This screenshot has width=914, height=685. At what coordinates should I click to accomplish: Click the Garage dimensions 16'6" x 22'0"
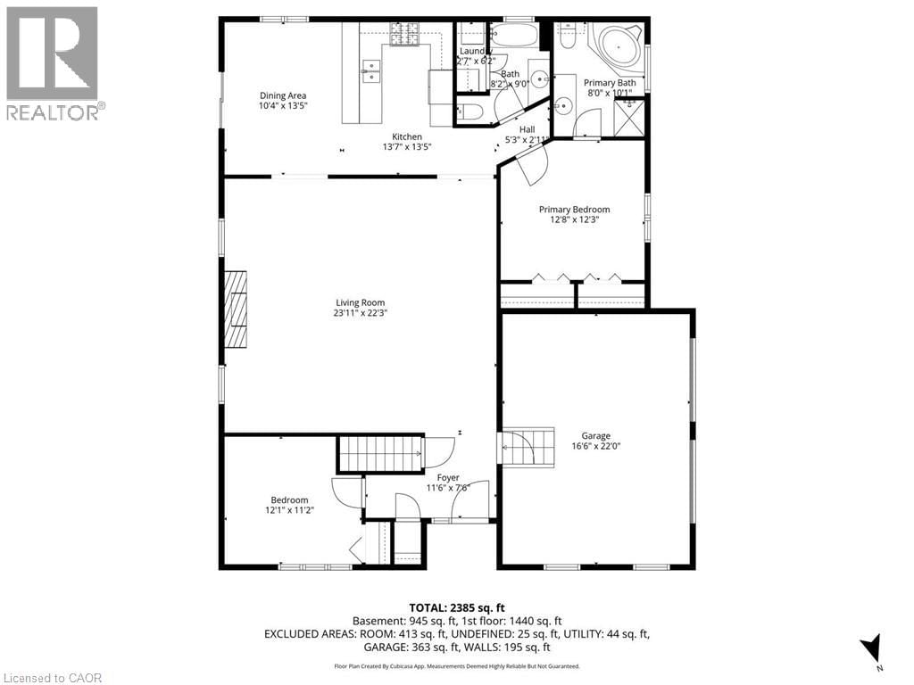point(595,447)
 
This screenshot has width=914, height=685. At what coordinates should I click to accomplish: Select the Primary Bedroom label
point(574,210)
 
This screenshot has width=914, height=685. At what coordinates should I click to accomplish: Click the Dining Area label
point(283,95)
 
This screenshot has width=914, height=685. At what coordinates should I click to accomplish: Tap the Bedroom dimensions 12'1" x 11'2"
point(289,510)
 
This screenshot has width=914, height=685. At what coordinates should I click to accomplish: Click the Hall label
point(527,129)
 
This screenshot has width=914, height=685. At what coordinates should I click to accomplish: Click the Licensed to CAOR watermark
point(52,677)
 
